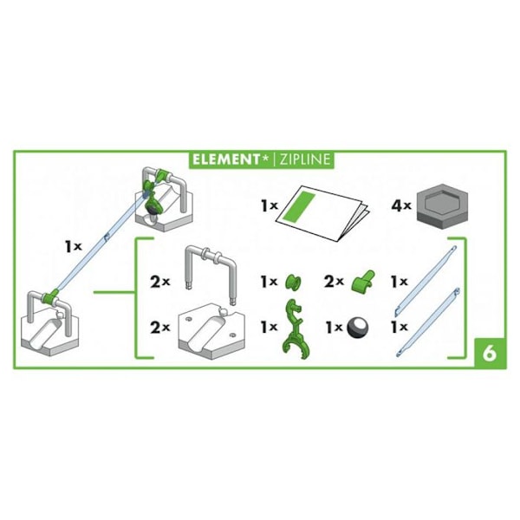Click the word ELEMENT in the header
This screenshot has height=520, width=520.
[x=225, y=159]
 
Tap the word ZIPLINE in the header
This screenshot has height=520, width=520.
[x=305, y=159]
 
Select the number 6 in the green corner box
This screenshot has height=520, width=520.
[x=490, y=354]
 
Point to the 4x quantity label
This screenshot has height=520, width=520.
[x=401, y=205]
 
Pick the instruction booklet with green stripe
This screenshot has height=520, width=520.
[x=322, y=212]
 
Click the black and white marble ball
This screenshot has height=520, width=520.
[x=358, y=328]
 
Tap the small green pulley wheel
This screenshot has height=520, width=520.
[x=294, y=283]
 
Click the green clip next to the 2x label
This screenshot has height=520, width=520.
[x=363, y=283]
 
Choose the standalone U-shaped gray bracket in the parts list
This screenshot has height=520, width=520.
[x=211, y=274]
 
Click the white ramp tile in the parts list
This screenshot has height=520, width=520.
[x=211, y=332]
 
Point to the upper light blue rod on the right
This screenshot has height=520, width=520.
[x=426, y=281]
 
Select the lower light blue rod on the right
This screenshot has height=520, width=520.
[x=428, y=322]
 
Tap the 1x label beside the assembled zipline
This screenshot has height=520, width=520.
[x=74, y=246]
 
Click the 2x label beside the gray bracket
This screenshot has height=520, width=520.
[x=159, y=283]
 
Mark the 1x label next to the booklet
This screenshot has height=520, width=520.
[x=269, y=206]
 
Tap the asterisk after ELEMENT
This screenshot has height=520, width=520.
[x=265, y=159]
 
